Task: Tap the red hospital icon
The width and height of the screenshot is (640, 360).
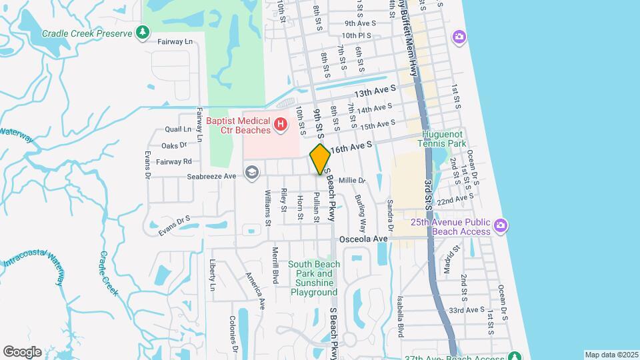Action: (x=281, y=124)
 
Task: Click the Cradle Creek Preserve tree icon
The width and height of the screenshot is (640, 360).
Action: (x=142, y=32)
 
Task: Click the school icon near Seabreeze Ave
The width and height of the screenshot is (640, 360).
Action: (x=251, y=173)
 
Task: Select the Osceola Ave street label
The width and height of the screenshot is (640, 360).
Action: (x=363, y=239)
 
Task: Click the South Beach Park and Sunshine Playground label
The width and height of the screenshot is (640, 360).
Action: (x=314, y=278)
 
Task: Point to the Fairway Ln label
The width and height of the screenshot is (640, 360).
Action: (x=175, y=41)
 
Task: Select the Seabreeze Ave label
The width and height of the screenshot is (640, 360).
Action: (x=212, y=176)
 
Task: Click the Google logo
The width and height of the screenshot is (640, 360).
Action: (x=22, y=351)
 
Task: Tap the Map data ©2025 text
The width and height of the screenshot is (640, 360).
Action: (x=611, y=355)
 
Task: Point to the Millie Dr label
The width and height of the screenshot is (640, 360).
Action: (x=353, y=181)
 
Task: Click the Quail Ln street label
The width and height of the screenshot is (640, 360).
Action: (x=178, y=129)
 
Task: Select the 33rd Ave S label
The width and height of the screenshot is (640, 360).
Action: (x=466, y=310)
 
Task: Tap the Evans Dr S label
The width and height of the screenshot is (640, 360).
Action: (x=175, y=225)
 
